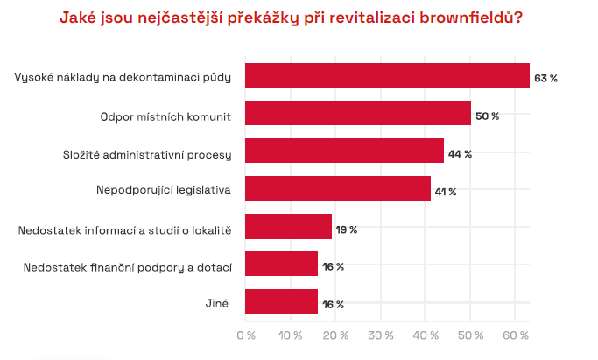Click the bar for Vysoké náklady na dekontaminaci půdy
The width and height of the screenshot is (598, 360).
(x=387, y=76)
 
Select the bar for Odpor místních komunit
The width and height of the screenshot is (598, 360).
(x=357, y=114)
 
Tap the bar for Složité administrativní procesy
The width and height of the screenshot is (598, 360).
(x=344, y=152)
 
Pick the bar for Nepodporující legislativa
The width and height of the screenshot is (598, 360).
(x=337, y=189)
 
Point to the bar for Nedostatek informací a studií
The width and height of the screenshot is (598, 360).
(x=288, y=227)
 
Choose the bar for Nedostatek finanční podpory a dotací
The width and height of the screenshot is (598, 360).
(x=281, y=265)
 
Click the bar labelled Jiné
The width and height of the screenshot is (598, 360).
(x=281, y=302)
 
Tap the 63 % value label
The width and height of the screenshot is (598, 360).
(x=545, y=78)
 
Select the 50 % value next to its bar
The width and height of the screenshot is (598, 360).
(x=487, y=116)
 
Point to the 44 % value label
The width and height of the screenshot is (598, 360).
(x=460, y=153)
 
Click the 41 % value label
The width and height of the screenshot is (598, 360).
(x=447, y=191)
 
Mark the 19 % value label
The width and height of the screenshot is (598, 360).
(x=346, y=229)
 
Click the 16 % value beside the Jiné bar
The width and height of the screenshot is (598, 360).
(x=333, y=305)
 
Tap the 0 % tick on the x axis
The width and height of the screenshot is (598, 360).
(x=246, y=335)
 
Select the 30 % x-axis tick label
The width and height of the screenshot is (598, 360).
(x=381, y=335)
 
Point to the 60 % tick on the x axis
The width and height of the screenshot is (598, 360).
(x=516, y=335)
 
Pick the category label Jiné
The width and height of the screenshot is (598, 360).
(x=215, y=304)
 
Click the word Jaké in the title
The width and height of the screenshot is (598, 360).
(x=80, y=18)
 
